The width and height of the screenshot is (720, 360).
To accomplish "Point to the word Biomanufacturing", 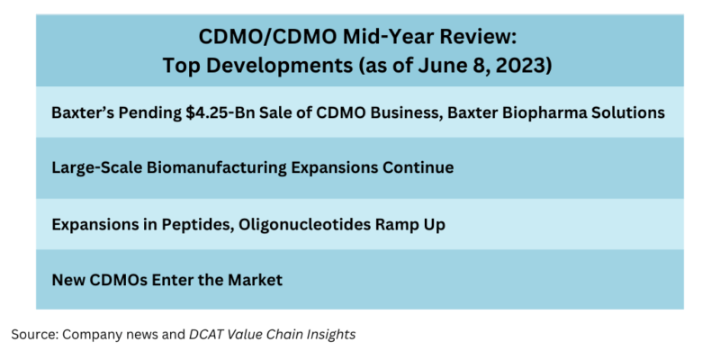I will click(x=220, y=167).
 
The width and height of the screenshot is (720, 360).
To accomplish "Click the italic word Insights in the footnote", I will click(x=328, y=334).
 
